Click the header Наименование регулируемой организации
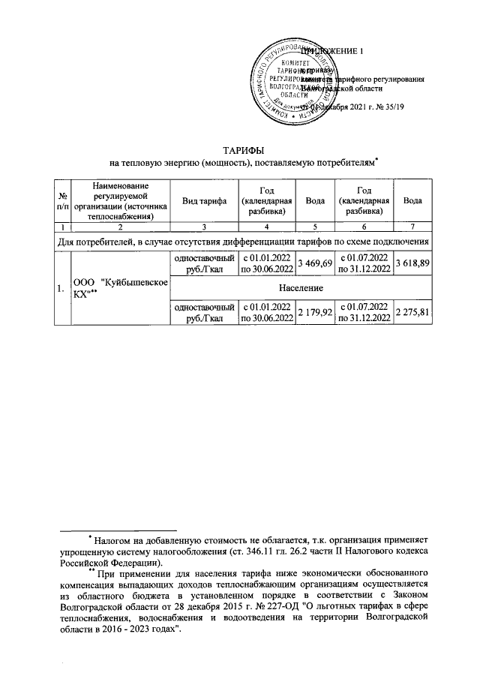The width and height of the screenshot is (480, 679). (117, 201)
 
